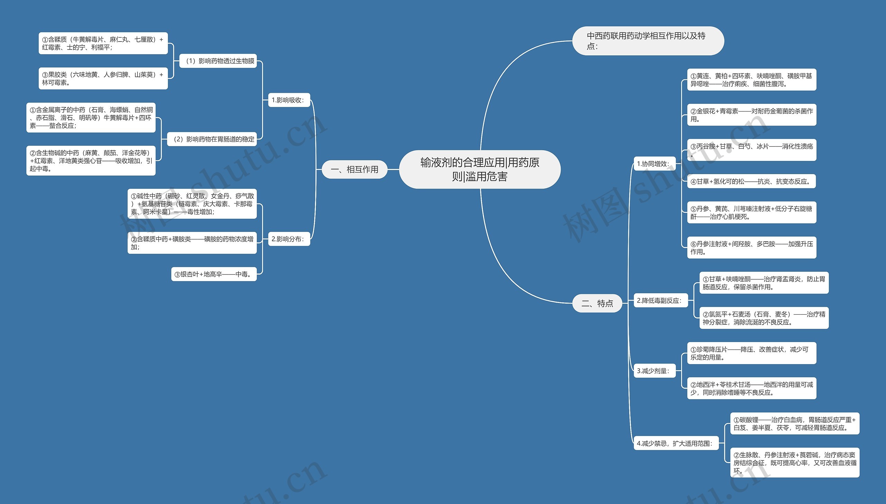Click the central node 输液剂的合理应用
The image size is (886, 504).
coord(480,169)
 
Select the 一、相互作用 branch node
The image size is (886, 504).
coord(354,169)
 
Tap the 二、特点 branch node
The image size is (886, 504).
coord(597,303)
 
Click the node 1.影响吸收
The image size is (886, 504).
coord(289,100)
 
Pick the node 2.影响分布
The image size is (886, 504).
coord(289,239)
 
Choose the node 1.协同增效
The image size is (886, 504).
coord(654,164)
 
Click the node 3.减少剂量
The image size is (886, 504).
coord(654,371)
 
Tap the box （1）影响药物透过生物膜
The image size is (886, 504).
coord(218,61)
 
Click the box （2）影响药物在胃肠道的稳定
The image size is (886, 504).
coord(212,139)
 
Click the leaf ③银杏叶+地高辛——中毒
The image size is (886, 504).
coord(214,274)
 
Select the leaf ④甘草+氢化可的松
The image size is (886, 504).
coord(751,181)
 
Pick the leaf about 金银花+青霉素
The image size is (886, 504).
coord(751,115)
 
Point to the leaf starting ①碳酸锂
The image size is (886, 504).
coord(795,424)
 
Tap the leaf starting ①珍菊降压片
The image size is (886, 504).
coord(751,353)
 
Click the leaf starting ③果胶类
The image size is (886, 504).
coord(103,79)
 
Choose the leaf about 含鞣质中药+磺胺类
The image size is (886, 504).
coord(192,243)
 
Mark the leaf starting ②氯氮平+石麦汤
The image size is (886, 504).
coord(764,318)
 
